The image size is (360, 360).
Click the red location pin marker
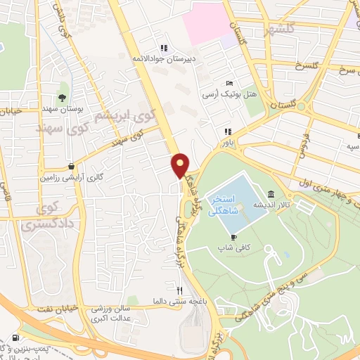[x=181, y=165]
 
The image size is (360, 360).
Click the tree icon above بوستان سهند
[x=63, y=98]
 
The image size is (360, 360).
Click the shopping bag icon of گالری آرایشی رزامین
[x=71, y=167]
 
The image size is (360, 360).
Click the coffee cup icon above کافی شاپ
[x=233, y=237]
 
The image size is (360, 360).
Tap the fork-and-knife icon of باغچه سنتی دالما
[x=180, y=290]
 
